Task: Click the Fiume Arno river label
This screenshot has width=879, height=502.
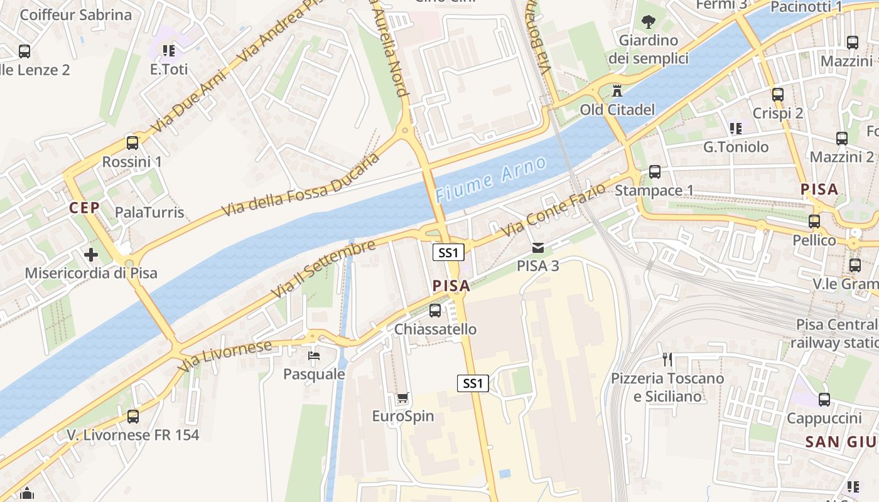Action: coord(490,179)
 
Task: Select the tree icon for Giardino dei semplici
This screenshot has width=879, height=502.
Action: coord(648,22)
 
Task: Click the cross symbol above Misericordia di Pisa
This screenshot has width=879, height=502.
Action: coord(91,255)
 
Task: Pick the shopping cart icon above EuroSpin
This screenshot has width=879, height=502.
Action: coord(402,397)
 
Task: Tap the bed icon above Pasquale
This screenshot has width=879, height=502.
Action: coord(314,356)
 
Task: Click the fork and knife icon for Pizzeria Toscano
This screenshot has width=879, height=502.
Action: coord(667,360)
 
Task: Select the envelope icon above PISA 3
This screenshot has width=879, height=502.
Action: coord(538,247)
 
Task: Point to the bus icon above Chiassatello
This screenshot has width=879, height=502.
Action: coord(434,310)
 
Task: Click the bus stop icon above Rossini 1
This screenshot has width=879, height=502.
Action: coord(132,142)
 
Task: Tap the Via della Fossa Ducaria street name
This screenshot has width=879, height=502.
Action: coord(301,185)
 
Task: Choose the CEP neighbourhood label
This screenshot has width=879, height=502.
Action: coord(85,208)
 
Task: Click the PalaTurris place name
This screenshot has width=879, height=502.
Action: coord(149,212)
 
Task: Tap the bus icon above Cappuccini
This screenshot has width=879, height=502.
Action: coord(824,399)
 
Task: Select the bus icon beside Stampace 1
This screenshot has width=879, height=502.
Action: coord(654,171)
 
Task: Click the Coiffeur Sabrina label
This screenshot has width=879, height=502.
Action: coord(76,15)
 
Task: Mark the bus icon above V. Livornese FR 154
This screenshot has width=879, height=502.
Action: coord(132,416)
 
